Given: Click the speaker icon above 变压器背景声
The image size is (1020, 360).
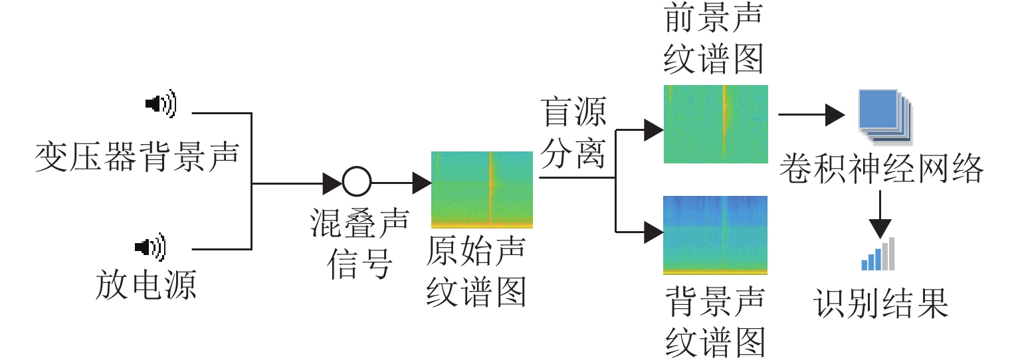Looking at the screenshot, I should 161,104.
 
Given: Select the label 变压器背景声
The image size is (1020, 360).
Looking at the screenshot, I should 136,157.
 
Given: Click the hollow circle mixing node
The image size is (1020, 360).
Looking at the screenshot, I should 357,181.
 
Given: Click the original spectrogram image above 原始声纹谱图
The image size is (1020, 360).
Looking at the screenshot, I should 482,190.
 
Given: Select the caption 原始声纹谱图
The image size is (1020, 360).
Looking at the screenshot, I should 476,272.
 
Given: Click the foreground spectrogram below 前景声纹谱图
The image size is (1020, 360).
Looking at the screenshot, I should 716,124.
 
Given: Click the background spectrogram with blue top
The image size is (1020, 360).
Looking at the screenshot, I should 715,235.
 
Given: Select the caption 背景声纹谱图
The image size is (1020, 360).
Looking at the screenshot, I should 714,323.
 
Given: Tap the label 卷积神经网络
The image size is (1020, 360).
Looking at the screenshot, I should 882,171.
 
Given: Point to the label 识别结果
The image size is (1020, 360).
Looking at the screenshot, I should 882,304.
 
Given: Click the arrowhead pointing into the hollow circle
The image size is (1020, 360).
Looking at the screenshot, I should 332,182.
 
